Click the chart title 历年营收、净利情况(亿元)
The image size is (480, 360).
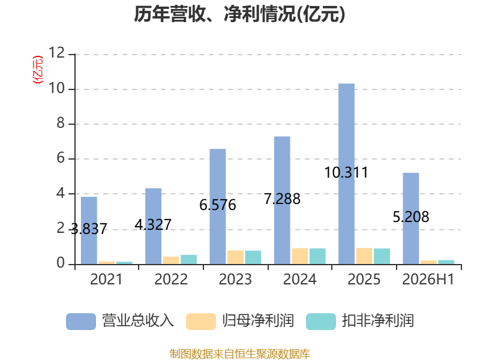[239, 14]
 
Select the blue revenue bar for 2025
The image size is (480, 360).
[347, 174]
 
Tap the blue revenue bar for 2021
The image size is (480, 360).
[89, 230]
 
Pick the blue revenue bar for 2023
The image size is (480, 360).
[218, 206]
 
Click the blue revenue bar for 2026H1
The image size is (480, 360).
[411, 218]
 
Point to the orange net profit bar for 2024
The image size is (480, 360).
[299, 256]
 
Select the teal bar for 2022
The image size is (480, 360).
[188, 260]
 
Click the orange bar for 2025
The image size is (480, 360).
[364, 256]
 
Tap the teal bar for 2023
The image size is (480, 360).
[253, 257]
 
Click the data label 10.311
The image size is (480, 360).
[346, 172]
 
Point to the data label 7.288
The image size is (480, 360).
[282, 199]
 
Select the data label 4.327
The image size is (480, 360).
[153, 225]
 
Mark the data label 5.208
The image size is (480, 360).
[411, 217]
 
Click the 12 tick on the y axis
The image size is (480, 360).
[56, 53]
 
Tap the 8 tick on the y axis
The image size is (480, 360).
[61, 123]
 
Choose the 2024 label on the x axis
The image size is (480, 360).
[299, 279]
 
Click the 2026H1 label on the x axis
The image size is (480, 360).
[428, 279]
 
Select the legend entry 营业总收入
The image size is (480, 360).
[121, 321]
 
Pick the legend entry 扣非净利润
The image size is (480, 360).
[361, 321]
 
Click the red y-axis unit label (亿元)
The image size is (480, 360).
[38, 70]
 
